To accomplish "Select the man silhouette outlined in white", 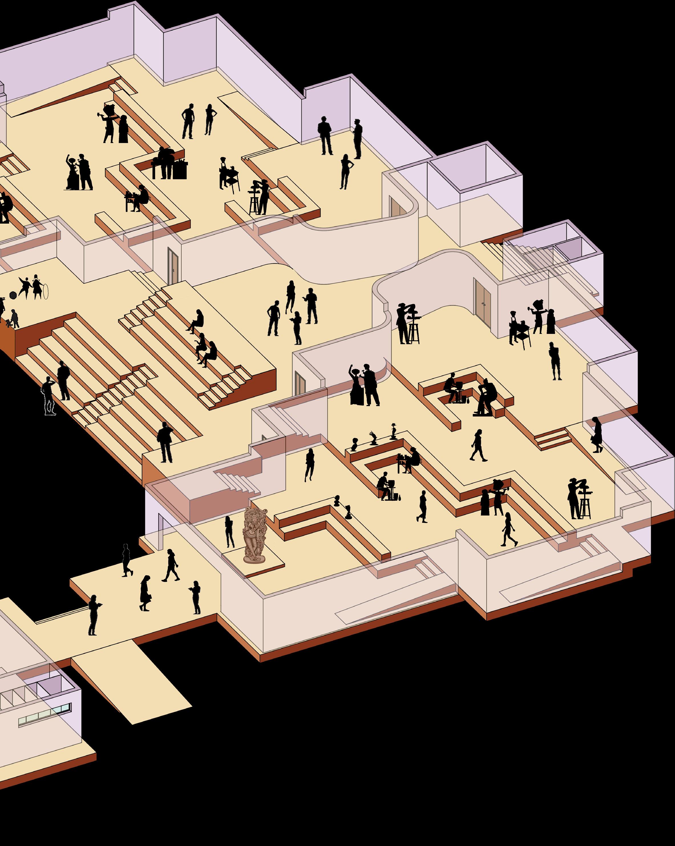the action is (x=49, y=396).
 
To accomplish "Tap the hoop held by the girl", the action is (x=46, y=292).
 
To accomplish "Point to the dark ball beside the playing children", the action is (x=13, y=295).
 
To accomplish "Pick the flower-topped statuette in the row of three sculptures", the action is (x=393, y=432).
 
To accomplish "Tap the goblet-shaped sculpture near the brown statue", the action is (x=348, y=512).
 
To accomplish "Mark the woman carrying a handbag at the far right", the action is (x=597, y=435).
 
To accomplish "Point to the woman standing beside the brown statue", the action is (x=229, y=532).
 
